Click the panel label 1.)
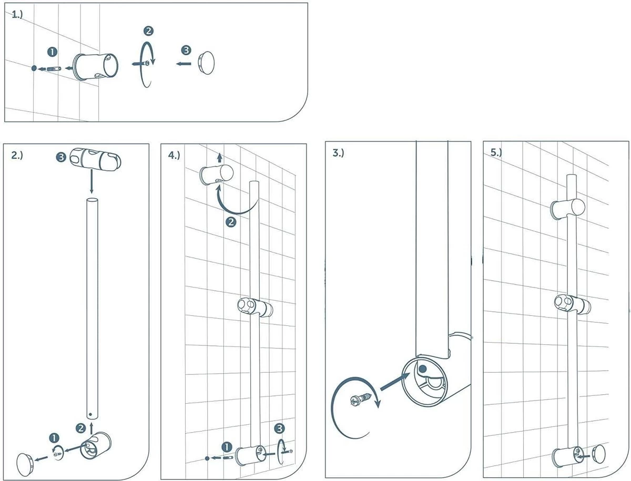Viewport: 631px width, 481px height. [17, 14]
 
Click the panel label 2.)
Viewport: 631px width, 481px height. [17, 156]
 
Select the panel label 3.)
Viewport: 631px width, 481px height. [338, 153]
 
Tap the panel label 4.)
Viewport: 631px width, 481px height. [174, 156]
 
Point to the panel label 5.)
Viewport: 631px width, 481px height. [496, 152]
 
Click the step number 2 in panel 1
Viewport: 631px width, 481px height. [148, 31]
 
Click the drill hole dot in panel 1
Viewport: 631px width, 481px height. [34, 68]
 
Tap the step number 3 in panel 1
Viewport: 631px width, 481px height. [186, 50]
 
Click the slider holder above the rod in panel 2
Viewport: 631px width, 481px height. [96, 159]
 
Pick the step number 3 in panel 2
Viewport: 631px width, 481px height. [61, 157]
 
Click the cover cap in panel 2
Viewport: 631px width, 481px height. [25, 464]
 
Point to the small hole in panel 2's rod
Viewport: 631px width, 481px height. [90, 414]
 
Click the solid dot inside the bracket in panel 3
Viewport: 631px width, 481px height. [422, 369]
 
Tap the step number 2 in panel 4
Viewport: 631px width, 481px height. [231, 222]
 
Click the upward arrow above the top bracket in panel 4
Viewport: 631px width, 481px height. [220, 158]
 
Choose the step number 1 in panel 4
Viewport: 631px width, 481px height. [227, 447]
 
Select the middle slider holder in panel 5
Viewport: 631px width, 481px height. [572, 305]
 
